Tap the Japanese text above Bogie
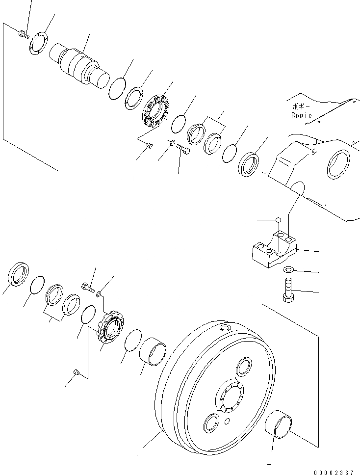(299, 106)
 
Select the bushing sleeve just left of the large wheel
(153, 352)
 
